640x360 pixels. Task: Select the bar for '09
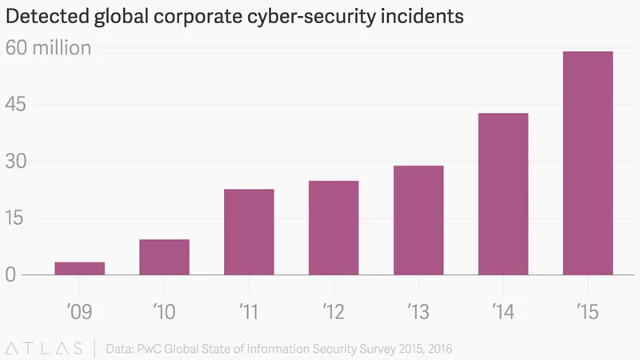[79, 269]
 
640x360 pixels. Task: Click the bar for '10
[164, 257]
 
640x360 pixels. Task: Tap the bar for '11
[249, 232]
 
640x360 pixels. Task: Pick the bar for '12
[334, 228]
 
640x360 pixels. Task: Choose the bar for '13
[418, 220]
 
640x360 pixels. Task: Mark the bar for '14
[503, 194]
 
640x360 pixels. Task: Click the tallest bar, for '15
[588, 163]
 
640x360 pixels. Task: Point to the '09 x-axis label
[79, 310]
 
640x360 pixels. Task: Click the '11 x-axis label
[249, 310]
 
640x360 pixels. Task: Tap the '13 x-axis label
[418, 310]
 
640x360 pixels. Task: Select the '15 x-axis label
[588, 310]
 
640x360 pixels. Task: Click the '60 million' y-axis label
[49, 48]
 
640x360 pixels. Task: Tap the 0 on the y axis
[11, 275]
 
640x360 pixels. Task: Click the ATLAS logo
[43, 347]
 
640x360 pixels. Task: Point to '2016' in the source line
[439, 348]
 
